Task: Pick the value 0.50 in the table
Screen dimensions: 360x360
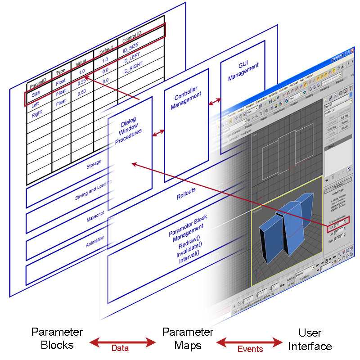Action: pos(81,92)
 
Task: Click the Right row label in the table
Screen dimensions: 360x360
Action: pos(36,114)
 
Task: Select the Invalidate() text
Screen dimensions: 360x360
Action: pos(189,252)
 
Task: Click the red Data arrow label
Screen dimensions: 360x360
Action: pos(120,348)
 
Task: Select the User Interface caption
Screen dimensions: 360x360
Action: pos(310,340)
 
